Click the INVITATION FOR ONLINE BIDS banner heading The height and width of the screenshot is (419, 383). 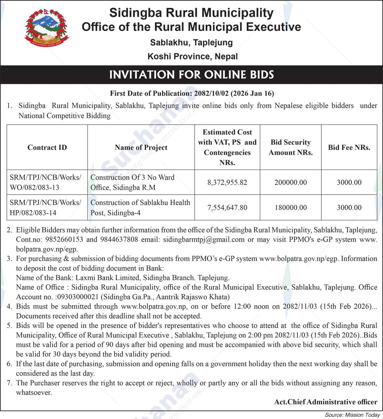[x=191, y=75]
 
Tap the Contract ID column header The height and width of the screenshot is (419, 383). [x=47, y=147]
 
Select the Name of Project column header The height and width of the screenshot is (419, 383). [x=141, y=147]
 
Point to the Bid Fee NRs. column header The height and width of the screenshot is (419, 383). [x=349, y=147]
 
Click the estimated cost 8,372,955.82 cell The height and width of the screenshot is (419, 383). [x=227, y=182]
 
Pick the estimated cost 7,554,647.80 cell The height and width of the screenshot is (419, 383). [x=227, y=208]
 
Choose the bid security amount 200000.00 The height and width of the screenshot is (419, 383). [x=291, y=182]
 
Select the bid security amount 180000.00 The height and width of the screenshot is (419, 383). [x=291, y=208]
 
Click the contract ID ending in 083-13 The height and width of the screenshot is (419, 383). [x=45, y=182]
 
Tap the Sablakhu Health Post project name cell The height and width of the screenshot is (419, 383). [x=140, y=208]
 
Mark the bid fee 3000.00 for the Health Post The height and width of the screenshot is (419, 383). [x=349, y=208]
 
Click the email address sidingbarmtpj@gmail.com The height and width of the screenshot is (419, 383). [x=204, y=240]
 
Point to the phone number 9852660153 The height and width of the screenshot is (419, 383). [x=64, y=240]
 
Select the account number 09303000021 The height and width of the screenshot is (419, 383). [x=78, y=297]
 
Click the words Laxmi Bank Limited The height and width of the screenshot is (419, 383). [x=107, y=278]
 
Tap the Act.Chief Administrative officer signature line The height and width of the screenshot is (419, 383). [x=326, y=402]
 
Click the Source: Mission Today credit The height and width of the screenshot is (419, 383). [x=352, y=415]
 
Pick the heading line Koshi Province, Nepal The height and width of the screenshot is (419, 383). [x=192, y=56]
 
